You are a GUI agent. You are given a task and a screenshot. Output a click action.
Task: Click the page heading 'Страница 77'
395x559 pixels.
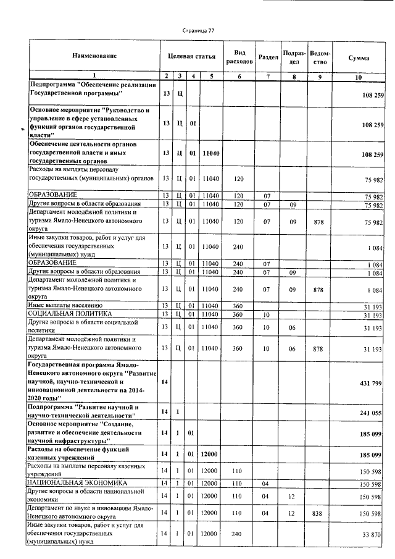coord(198,31)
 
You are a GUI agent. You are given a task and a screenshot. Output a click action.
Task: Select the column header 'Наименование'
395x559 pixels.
coord(94,57)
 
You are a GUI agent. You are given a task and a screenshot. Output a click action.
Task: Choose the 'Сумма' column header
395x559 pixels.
coord(359,57)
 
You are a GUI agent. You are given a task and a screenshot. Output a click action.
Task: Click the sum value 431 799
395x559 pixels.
coord(372,384)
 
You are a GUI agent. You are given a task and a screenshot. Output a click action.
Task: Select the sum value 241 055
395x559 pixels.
coord(372,412)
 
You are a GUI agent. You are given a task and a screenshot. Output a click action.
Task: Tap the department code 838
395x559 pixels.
coord(318,513)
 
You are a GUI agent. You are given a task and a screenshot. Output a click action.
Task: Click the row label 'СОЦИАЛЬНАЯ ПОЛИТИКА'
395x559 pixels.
coord(65,314)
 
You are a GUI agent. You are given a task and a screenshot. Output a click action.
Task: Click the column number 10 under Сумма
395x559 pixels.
coord(359,76)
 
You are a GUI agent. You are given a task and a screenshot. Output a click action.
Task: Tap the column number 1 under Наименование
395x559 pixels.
coord(94,76)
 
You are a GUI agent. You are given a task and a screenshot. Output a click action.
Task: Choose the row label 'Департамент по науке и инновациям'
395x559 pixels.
coord(90,513)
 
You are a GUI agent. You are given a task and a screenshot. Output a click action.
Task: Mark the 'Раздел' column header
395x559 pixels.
coord(268,57)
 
